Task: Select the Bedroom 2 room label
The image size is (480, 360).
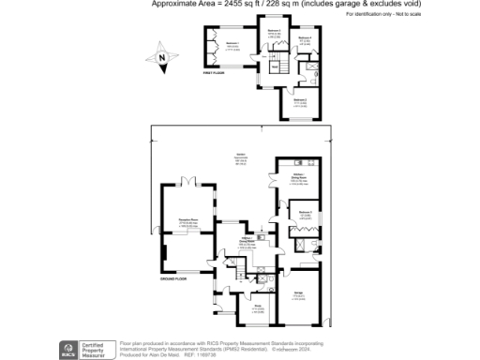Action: point(301,98)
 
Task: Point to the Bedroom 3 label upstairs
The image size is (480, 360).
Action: point(275,32)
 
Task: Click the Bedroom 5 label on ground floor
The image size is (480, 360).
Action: point(305,214)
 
